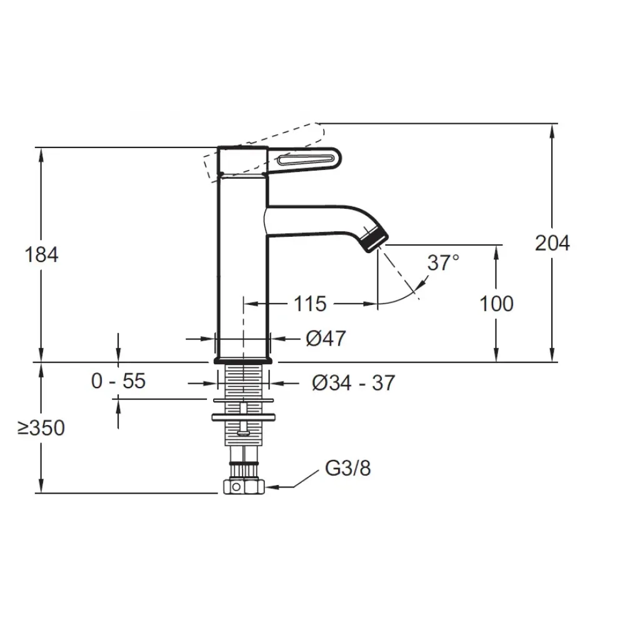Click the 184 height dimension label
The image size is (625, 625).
click(x=41, y=255)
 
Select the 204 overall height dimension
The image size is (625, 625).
click(x=552, y=243)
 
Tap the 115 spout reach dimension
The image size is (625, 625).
click(x=310, y=304)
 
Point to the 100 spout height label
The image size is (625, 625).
click(x=496, y=304)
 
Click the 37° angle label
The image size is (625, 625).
click(x=443, y=262)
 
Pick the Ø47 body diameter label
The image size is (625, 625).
click(x=326, y=339)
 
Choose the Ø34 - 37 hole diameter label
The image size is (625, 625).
click(x=353, y=383)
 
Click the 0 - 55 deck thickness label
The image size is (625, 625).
click(x=118, y=381)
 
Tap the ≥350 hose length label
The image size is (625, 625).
click(x=41, y=428)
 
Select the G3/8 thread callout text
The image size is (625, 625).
click(x=347, y=468)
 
